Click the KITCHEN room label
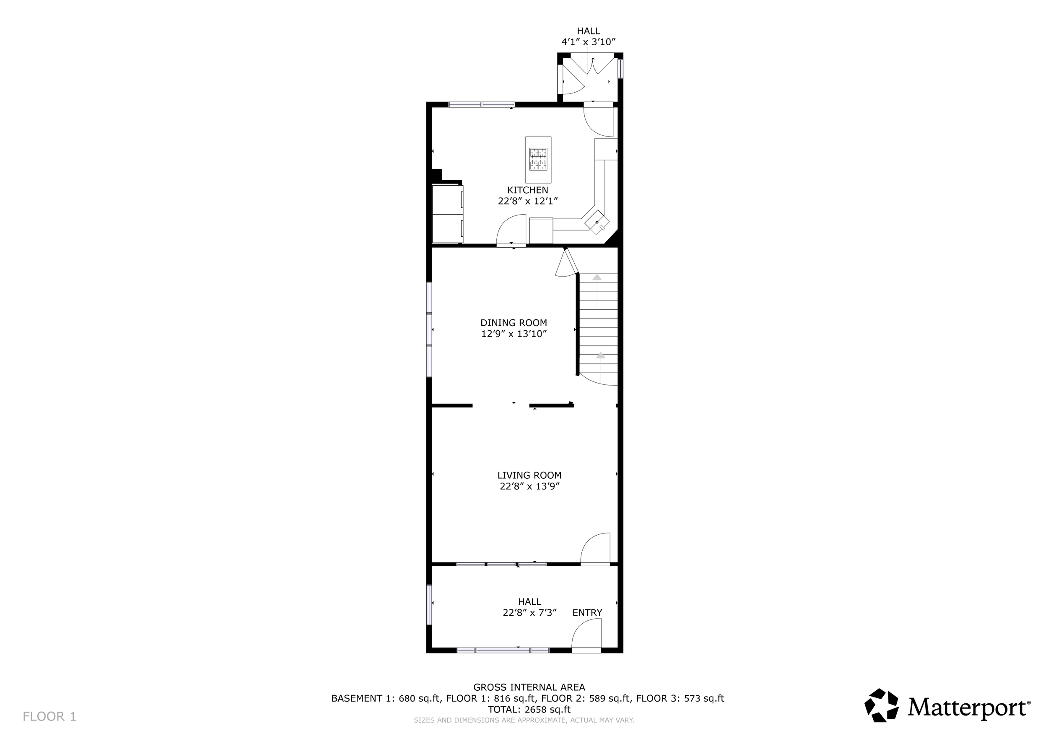click(x=527, y=190)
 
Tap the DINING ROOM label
click(x=514, y=323)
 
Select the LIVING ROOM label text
click(x=529, y=475)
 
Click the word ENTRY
click(x=587, y=613)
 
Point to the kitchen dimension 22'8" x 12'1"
click(x=528, y=201)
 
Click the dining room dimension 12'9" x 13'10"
click(x=514, y=334)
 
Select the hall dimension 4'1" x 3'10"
click(x=589, y=42)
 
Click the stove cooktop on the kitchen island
click(x=538, y=159)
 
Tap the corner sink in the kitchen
click(x=597, y=222)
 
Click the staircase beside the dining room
click(x=598, y=329)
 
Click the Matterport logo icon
click(x=882, y=705)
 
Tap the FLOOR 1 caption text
click(x=49, y=716)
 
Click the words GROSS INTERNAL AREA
click(x=529, y=687)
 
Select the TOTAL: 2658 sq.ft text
click(x=529, y=710)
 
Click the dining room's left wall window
click(x=429, y=329)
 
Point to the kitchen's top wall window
click(x=482, y=104)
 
